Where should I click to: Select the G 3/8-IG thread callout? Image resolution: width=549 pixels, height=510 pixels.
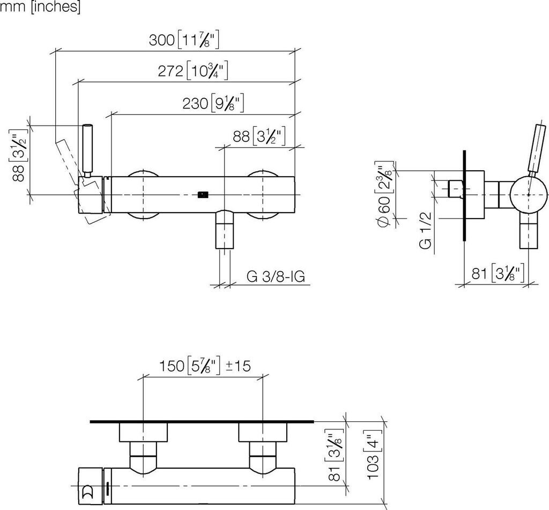(x=276, y=277)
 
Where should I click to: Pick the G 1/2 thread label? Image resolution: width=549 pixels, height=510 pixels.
(x=425, y=230)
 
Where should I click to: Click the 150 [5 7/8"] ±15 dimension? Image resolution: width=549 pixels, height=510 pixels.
(x=205, y=366)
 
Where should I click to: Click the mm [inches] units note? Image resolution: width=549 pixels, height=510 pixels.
(x=40, y=7)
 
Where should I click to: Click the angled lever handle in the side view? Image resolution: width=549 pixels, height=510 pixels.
(x=535, y=150)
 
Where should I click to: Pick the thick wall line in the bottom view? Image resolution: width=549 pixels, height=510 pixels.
(x=202, y=421)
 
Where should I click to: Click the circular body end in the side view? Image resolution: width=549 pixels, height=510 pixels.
(x=529, y=194)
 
